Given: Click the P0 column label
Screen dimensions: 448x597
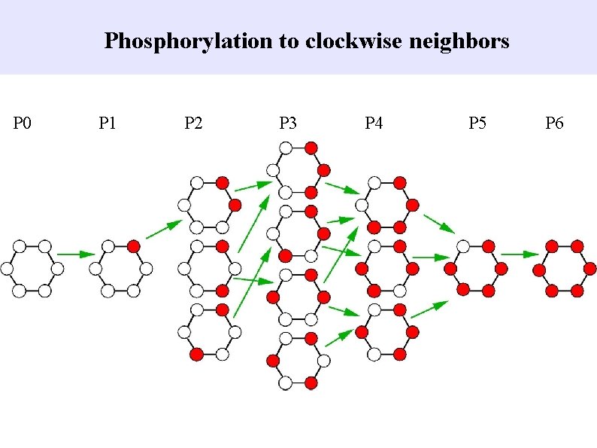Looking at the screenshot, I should [23, 123].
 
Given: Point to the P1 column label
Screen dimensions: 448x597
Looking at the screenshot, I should [108, 123].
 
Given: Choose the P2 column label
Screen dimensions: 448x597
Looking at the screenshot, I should [193, 123].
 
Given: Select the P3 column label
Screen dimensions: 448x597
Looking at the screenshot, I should [288, 123].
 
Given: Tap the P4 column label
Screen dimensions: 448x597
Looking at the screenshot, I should [374, 123].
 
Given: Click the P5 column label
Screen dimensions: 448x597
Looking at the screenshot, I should [477, 123].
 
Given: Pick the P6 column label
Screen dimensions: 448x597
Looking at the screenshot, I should [554, 123].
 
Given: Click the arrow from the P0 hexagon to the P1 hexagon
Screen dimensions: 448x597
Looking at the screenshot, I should [71, 254].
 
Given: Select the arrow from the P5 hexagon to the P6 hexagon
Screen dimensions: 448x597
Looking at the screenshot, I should [515, 254].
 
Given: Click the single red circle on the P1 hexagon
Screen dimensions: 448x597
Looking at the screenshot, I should [133, 246].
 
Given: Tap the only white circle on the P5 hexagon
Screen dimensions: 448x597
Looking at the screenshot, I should [463, 246].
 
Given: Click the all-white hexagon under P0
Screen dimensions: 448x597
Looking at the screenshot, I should [32, 268].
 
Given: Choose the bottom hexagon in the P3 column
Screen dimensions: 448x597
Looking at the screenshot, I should [298, 362].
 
